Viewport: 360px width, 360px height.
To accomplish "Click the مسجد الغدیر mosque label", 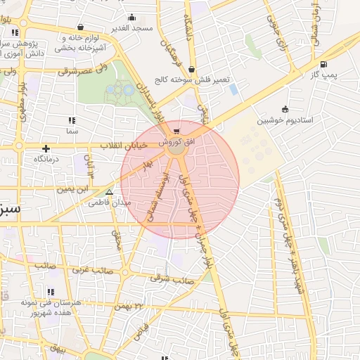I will (132, 28).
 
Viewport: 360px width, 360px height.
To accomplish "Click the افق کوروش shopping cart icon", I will (176, 131).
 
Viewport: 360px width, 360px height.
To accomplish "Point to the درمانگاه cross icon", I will (46, 148).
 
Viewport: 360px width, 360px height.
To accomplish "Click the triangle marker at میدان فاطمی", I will (108, 191).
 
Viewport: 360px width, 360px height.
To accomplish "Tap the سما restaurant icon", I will (72, 120).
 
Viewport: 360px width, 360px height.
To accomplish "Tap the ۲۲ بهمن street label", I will (148, 305).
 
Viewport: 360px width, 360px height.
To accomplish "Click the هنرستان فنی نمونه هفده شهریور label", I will (51, 307).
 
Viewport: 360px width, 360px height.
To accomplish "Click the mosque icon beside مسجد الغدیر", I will (131, 18).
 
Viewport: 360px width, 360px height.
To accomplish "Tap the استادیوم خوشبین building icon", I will (285, 109).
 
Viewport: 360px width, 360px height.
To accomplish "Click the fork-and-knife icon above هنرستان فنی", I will (51, 291).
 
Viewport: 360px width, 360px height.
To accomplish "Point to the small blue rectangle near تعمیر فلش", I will (233, 89).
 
